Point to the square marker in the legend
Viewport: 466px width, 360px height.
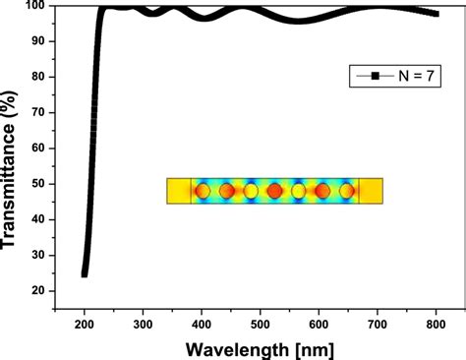(374, 76)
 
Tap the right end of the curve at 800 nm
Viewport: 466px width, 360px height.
(437, 14)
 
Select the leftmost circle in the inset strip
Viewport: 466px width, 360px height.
(203, 191)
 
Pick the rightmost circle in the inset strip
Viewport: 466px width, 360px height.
(346, 191)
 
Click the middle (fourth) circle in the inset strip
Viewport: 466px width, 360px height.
(274, 191)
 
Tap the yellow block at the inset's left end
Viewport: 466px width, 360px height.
(179, 191)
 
